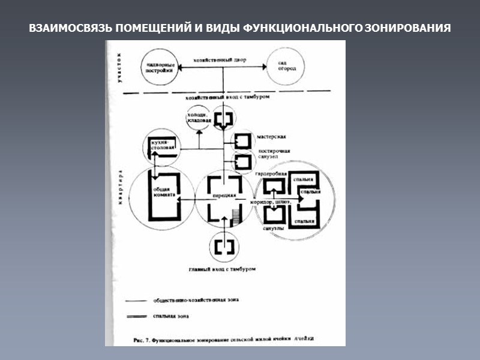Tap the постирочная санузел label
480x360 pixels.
point(274,154)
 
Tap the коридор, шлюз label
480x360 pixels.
point(272,203)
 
